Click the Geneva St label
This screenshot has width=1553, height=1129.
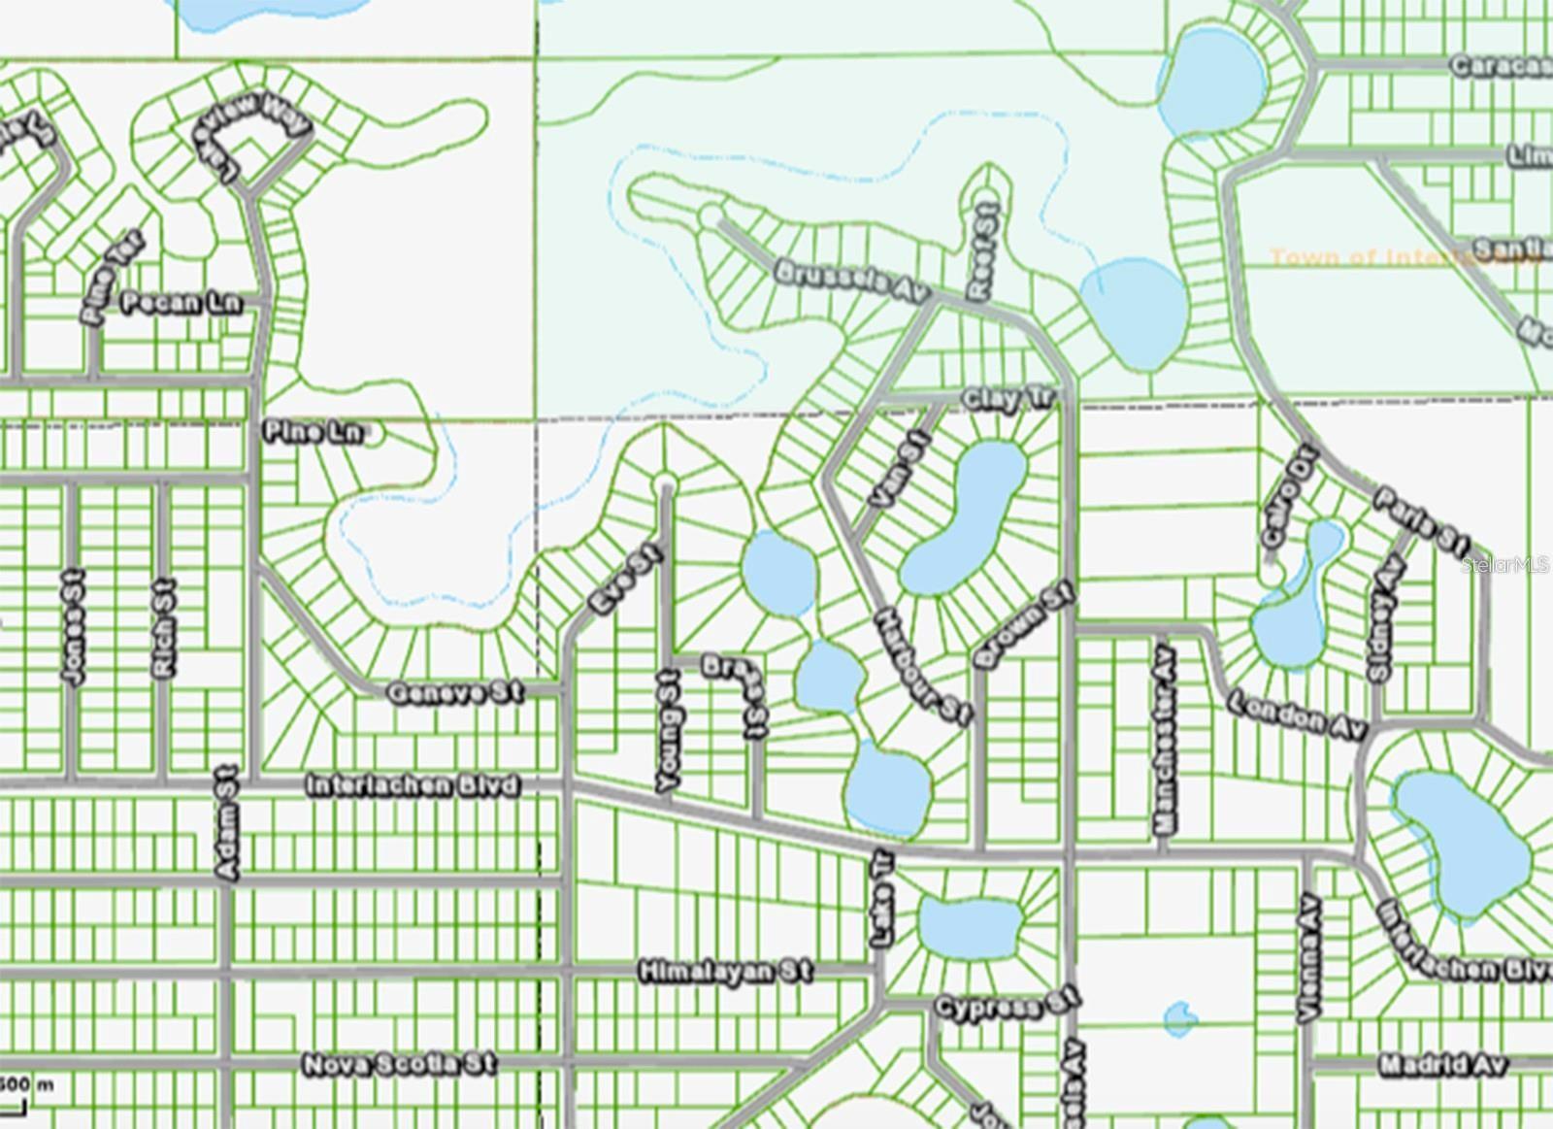pyautogui.click(x=454, y=692)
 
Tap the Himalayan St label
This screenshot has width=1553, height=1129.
pyautogui.click(x=726, y=971)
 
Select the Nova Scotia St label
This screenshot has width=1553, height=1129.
pyautogui.click(x=400, y=1064)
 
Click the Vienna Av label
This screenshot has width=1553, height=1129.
pyautogui.click(x=1310, y=957)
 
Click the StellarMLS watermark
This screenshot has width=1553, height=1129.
pyautogui.click(x=1505, y=564)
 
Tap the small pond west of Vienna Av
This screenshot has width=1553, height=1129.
pyautogui.click(x=1179, y=1018)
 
